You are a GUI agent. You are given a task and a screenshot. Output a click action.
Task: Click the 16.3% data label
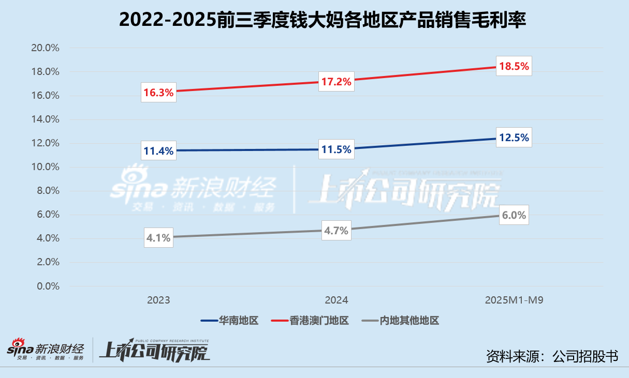[x=158, y=92]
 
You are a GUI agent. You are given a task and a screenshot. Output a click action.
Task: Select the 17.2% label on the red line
[x=337, y=82]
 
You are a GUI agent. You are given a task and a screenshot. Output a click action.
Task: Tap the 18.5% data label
[x=514, y=66]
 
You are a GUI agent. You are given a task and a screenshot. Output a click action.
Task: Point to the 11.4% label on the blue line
[x=158, y=151]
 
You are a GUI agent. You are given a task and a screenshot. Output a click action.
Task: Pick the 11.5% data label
[x=337, y=150]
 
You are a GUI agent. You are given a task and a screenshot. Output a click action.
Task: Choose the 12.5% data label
[x=514, y=138]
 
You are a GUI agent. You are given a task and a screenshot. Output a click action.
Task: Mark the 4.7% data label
[x=337, y=231]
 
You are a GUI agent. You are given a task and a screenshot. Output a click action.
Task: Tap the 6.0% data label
[x=514, y=216]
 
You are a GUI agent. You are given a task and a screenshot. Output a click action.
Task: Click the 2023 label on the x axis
[x=158, y=300]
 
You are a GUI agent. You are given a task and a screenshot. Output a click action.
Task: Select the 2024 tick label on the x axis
[x=337, y=300]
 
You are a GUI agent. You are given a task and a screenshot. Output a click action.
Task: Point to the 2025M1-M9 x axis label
[x=514, y=300]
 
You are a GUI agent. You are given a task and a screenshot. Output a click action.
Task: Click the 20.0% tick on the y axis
[x=46, y=48]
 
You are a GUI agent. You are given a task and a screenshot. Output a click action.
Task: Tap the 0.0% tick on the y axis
[x=48, y=286]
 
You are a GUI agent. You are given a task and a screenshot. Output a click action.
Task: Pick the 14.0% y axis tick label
[x=46, y=119]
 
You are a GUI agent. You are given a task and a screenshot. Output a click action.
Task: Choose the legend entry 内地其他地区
[x=401, y=321]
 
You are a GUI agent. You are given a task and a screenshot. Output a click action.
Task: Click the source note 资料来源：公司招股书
[x=552, y=356]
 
